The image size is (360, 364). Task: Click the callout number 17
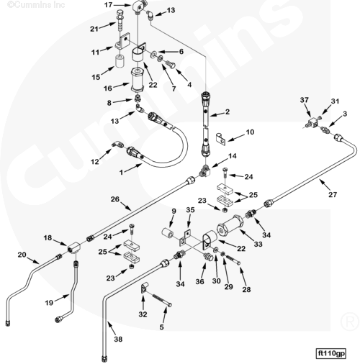tap(109, 4)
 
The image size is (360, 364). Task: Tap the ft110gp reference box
tap(331, 353)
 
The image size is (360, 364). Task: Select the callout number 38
tap(118, 339)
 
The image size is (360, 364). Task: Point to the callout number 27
tap(333, 194)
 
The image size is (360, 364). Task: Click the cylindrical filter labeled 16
tap(138, 81)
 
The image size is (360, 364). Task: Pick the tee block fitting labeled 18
tap(73, 246)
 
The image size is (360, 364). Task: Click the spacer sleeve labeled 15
tap(120, 62)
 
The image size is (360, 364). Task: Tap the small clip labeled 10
tap(221, 139)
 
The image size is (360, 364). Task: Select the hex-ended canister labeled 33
tap(230, 226)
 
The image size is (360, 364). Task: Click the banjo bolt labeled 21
tap(120, 19)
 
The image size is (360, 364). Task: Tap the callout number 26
tap(115, 199)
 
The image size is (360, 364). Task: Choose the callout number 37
tap(305, 100)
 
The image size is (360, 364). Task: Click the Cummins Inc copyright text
tap(36, 4)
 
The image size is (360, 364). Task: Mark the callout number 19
tap(49, 303)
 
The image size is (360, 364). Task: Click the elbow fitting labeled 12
tap(117, 145)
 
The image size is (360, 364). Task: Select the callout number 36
tap(199, 281)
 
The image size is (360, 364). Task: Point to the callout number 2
tap(228, 112)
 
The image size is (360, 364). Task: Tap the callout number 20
tap(22, 255)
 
